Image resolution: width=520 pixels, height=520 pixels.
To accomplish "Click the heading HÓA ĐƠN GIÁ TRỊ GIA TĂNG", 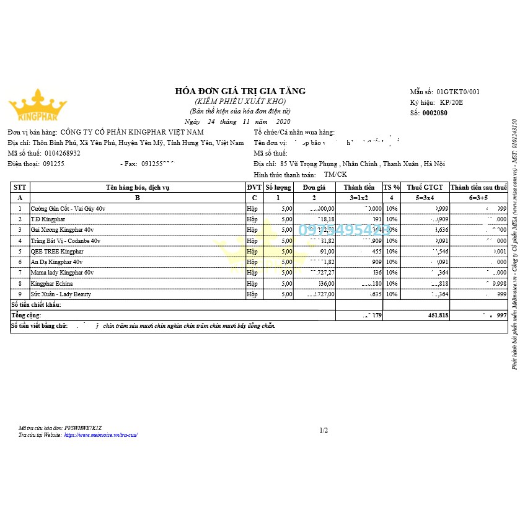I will [x=240, y=91].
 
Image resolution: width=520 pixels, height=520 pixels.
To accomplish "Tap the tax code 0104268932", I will [x=62, y=153].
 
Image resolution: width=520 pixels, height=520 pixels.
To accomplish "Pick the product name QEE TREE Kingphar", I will [x=57, y=252].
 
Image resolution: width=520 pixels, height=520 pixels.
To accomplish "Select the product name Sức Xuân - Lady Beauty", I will [x=61, y=294].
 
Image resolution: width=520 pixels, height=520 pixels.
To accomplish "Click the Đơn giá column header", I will [x=314, y=187].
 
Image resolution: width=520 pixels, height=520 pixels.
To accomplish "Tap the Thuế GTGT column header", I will [x=425, y=187].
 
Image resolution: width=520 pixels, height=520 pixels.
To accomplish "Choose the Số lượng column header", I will [x=278, y=187].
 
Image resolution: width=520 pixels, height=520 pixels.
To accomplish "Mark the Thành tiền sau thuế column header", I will [x=478, y=187].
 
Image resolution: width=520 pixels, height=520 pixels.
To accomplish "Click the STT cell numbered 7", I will [x=20, y=273].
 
